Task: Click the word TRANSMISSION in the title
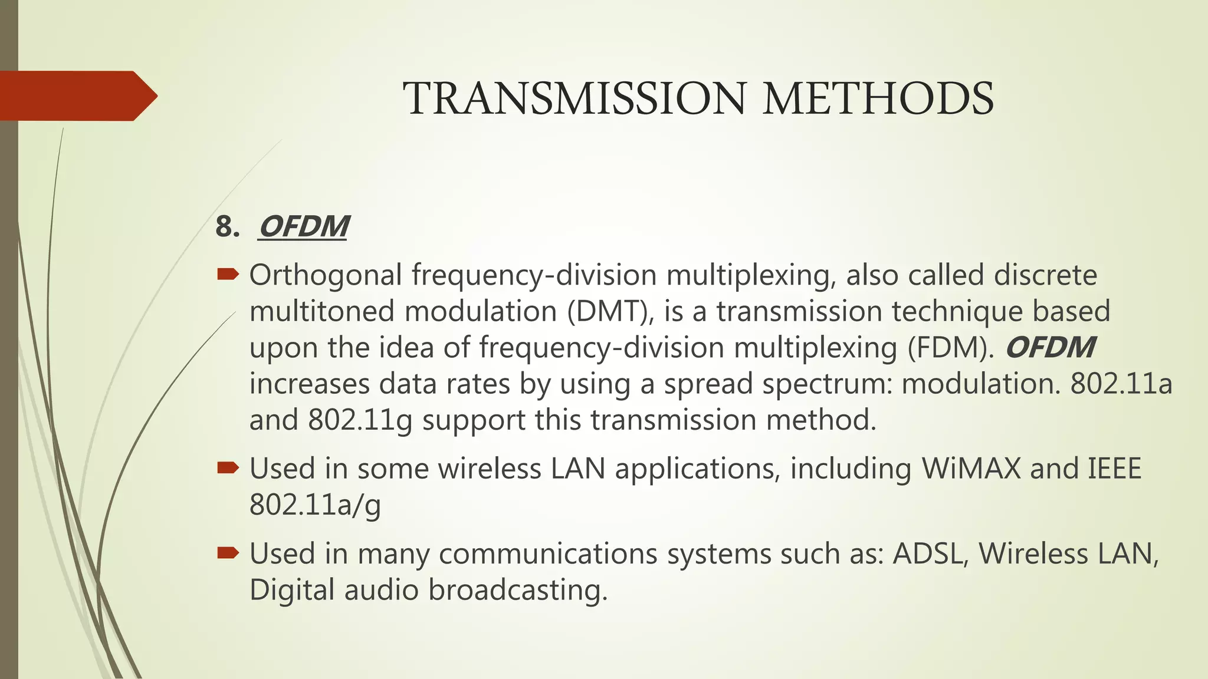point(575,98)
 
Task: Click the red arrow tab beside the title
point(77,95)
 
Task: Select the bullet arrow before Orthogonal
point(228,273)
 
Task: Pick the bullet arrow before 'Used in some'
point(228,468)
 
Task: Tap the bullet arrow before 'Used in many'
point(228,553)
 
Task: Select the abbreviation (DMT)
point(610,312)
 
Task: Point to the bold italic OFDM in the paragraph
point(1050,348)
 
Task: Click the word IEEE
point(1114,469)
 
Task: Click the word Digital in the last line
point(292,590)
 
